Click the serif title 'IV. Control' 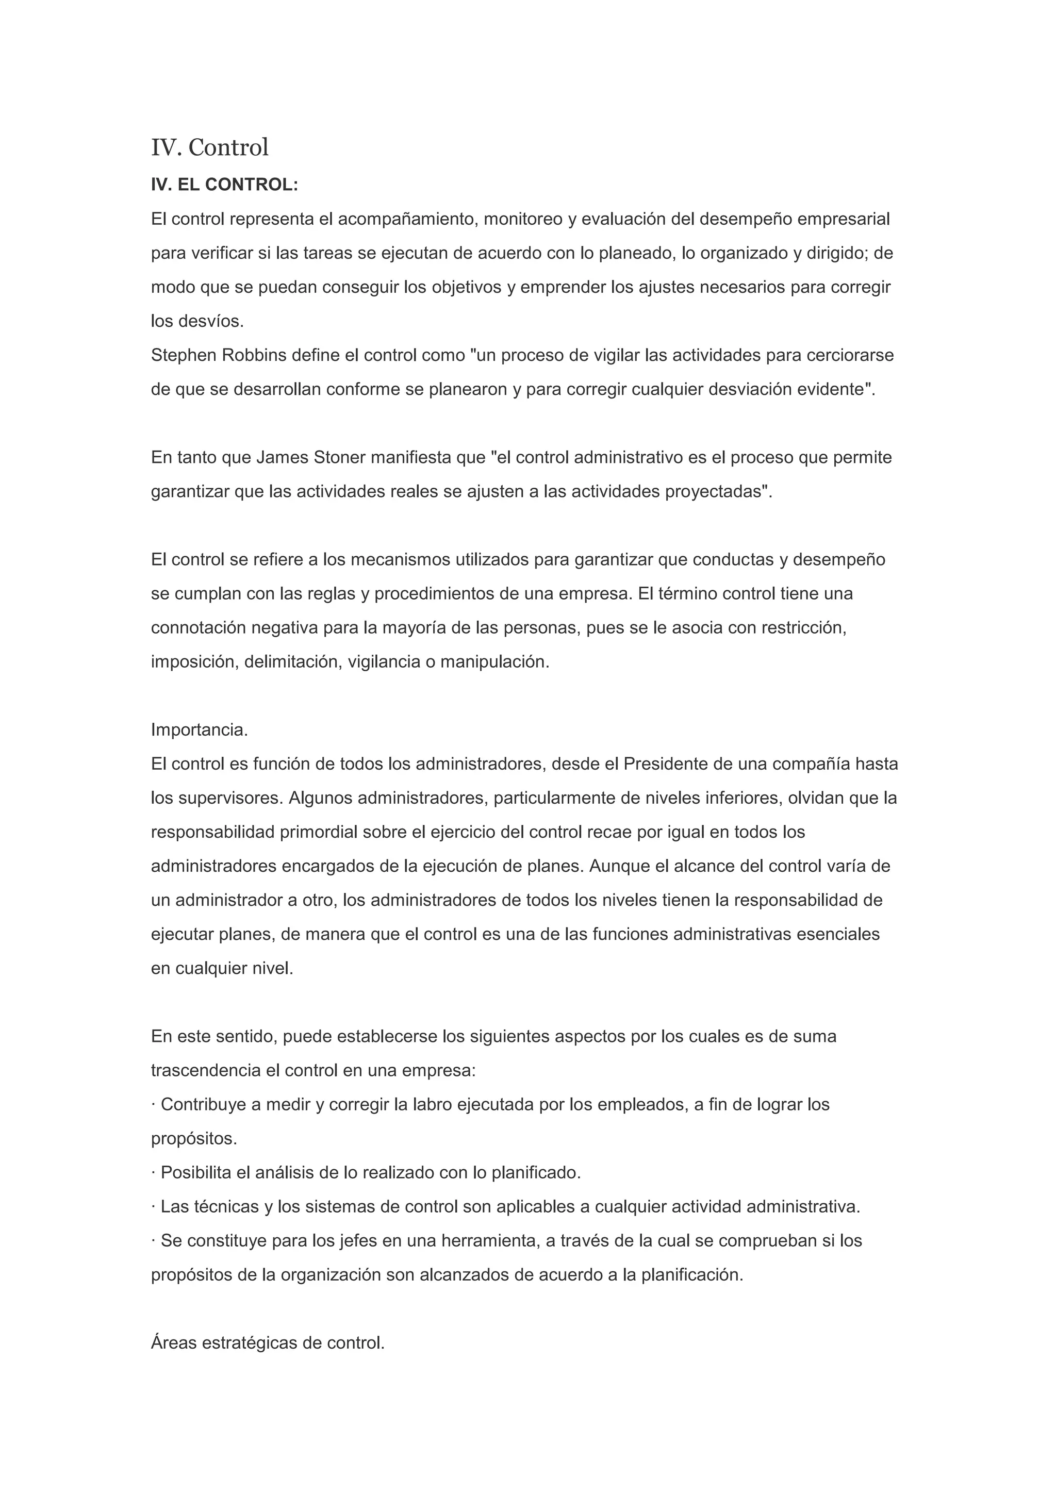[209, 147]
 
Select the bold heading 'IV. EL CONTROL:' [224, 185]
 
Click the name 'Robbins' [254, 356]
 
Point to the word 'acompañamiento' [408, 220]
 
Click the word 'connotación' [199, 628]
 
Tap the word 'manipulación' [493, 662]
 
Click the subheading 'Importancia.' [200, 730]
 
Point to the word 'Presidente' [665, 764]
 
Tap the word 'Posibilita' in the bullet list [196, 1173]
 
